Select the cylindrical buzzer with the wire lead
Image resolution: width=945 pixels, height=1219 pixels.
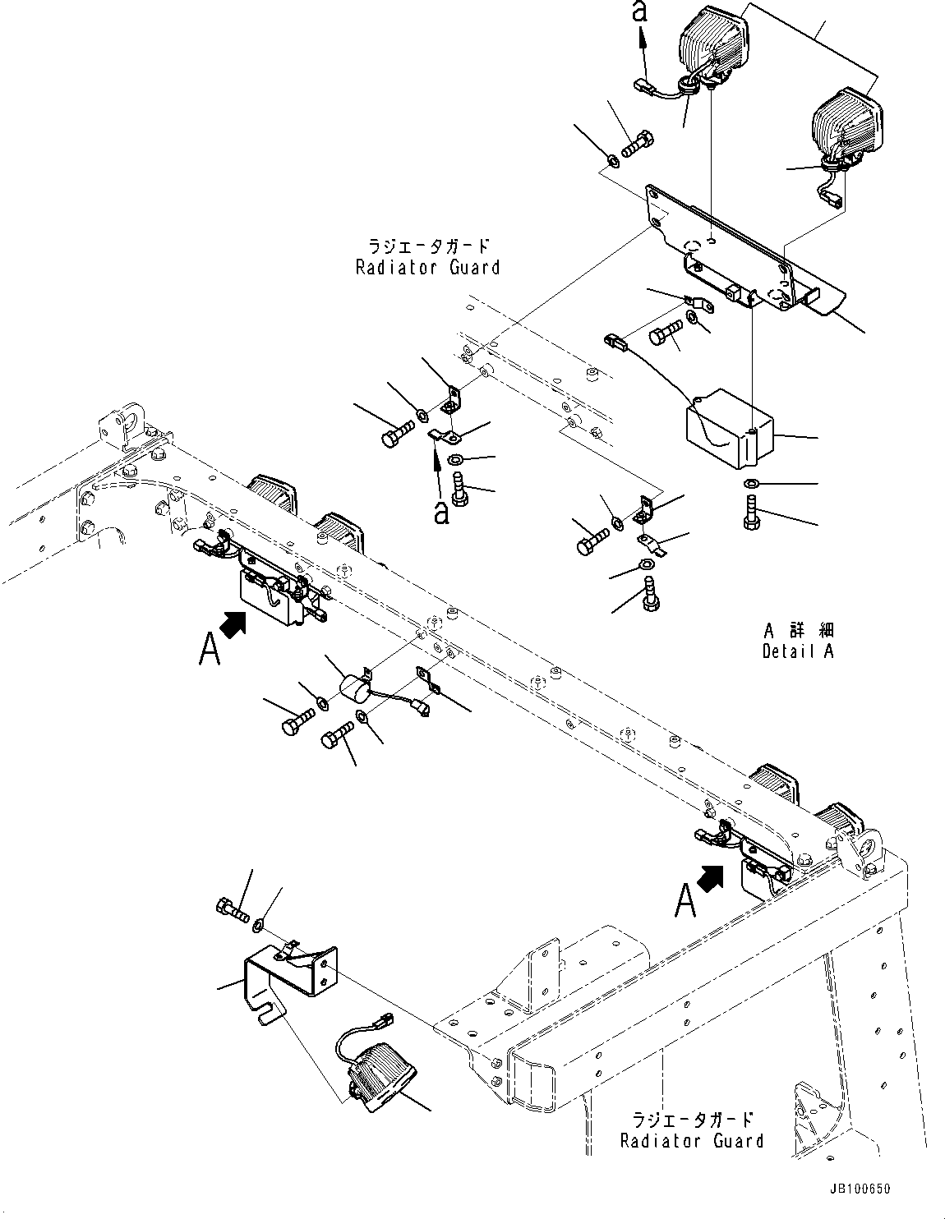[356, 685]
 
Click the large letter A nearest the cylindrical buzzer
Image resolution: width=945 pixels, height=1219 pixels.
[210, 651]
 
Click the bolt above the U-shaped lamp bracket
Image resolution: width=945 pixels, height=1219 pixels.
[233, 909]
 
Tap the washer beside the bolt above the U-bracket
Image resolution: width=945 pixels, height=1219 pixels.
[258, 925]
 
